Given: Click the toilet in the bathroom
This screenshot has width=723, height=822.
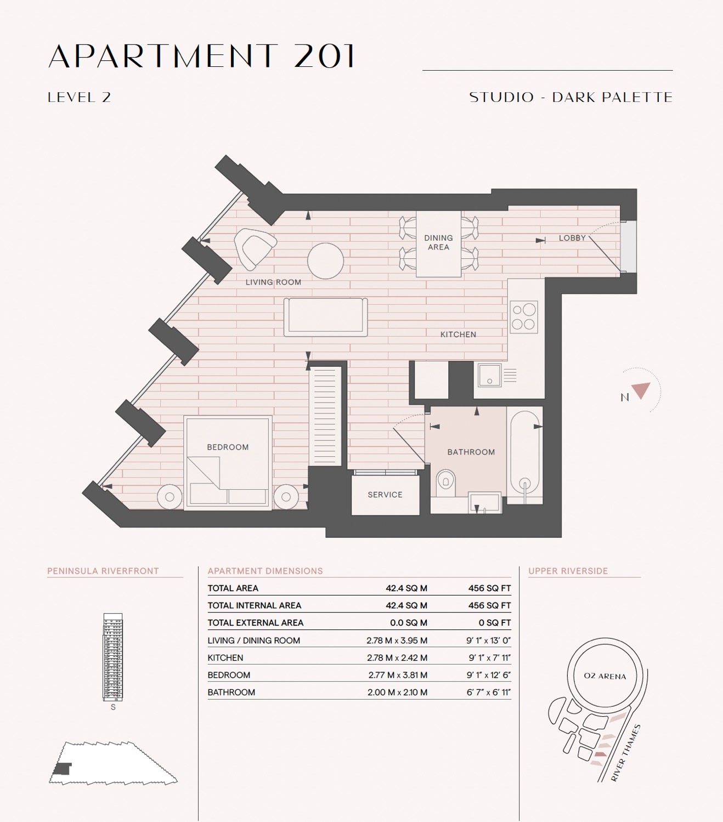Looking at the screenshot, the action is pos(446,483).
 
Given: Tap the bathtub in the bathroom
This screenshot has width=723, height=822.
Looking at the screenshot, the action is pos(525,455).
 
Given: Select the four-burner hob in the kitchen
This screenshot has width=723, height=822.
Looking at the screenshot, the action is pos(524,317).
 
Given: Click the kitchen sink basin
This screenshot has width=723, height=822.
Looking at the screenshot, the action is pos(489,375).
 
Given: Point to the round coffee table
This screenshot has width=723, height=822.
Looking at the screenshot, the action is pos(326,261).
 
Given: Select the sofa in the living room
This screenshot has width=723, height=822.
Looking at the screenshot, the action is pos(326,317).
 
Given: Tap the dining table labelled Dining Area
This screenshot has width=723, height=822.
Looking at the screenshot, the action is pos(438,243).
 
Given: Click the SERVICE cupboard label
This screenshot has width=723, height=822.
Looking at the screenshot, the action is pos(385,495).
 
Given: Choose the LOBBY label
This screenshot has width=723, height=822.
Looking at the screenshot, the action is pos(572,238).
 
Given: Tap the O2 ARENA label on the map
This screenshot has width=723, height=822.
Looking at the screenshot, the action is pos(605,676).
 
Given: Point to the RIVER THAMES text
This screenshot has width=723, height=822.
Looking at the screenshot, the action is pos(625,753).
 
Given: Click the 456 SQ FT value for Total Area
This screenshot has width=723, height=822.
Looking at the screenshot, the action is pos(489,588).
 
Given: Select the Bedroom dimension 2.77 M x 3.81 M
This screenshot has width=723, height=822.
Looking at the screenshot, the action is pos(398,674).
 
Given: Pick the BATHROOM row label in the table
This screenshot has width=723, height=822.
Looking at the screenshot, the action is pos(231,692).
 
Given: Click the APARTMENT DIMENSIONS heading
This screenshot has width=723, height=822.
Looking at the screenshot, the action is pos(265,571).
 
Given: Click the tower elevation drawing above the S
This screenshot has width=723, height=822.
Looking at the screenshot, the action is pos(113,657).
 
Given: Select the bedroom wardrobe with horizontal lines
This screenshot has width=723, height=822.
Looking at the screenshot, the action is pos(325,416).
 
